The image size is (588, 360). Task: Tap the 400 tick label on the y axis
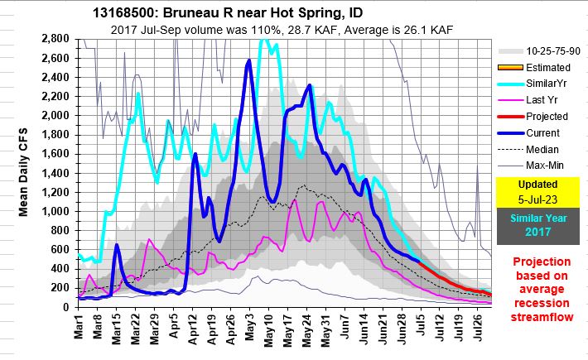click(59, 268)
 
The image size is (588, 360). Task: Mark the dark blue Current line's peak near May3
click(249, 60)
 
